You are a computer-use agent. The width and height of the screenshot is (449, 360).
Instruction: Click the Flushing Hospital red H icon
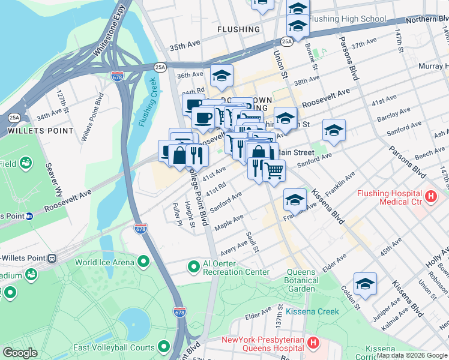click(430, 196)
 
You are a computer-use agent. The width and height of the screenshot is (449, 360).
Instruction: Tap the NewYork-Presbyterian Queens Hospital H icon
click(313, 343)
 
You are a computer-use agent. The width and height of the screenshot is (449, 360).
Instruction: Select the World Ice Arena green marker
click(143, 262)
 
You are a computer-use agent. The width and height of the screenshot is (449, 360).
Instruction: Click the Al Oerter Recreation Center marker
click(194, 266)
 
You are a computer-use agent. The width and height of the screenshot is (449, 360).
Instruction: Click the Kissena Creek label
click(312, 311)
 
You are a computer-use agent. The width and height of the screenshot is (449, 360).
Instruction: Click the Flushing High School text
click(348, 19)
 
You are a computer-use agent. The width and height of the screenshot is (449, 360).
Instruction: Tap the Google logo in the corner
click(20, 353)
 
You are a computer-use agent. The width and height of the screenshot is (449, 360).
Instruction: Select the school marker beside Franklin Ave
click(295, 200)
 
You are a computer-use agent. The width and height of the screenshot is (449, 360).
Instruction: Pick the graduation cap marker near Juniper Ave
click(364, 284)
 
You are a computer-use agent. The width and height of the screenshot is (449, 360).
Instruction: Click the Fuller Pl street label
click(176, 214)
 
